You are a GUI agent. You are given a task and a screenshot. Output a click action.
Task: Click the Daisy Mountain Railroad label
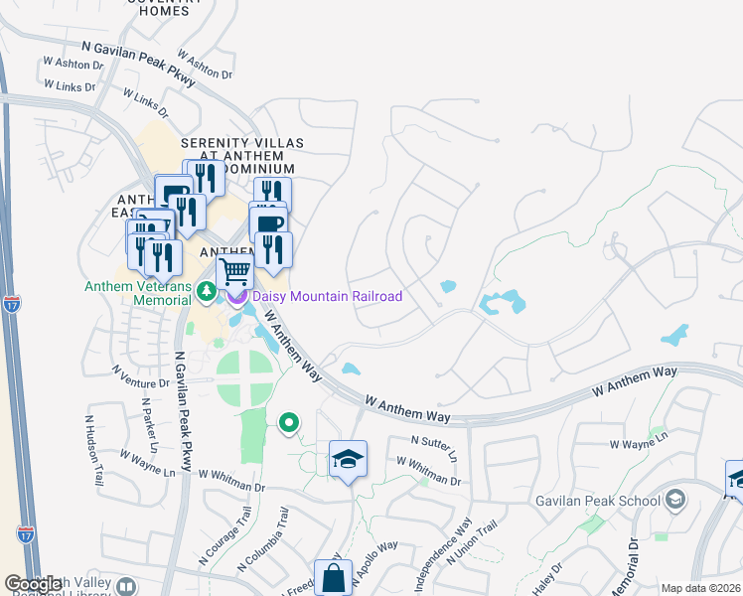coord(327,296)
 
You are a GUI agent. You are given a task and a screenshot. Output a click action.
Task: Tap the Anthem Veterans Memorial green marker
coord(206,292)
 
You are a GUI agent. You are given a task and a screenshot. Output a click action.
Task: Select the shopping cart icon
coord(234,271)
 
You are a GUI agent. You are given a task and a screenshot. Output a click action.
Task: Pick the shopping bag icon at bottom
coord(333,578)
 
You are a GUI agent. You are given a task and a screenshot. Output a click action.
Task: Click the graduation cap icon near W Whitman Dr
coord(348,459)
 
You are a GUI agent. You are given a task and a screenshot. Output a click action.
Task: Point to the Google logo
coord(33,584)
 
